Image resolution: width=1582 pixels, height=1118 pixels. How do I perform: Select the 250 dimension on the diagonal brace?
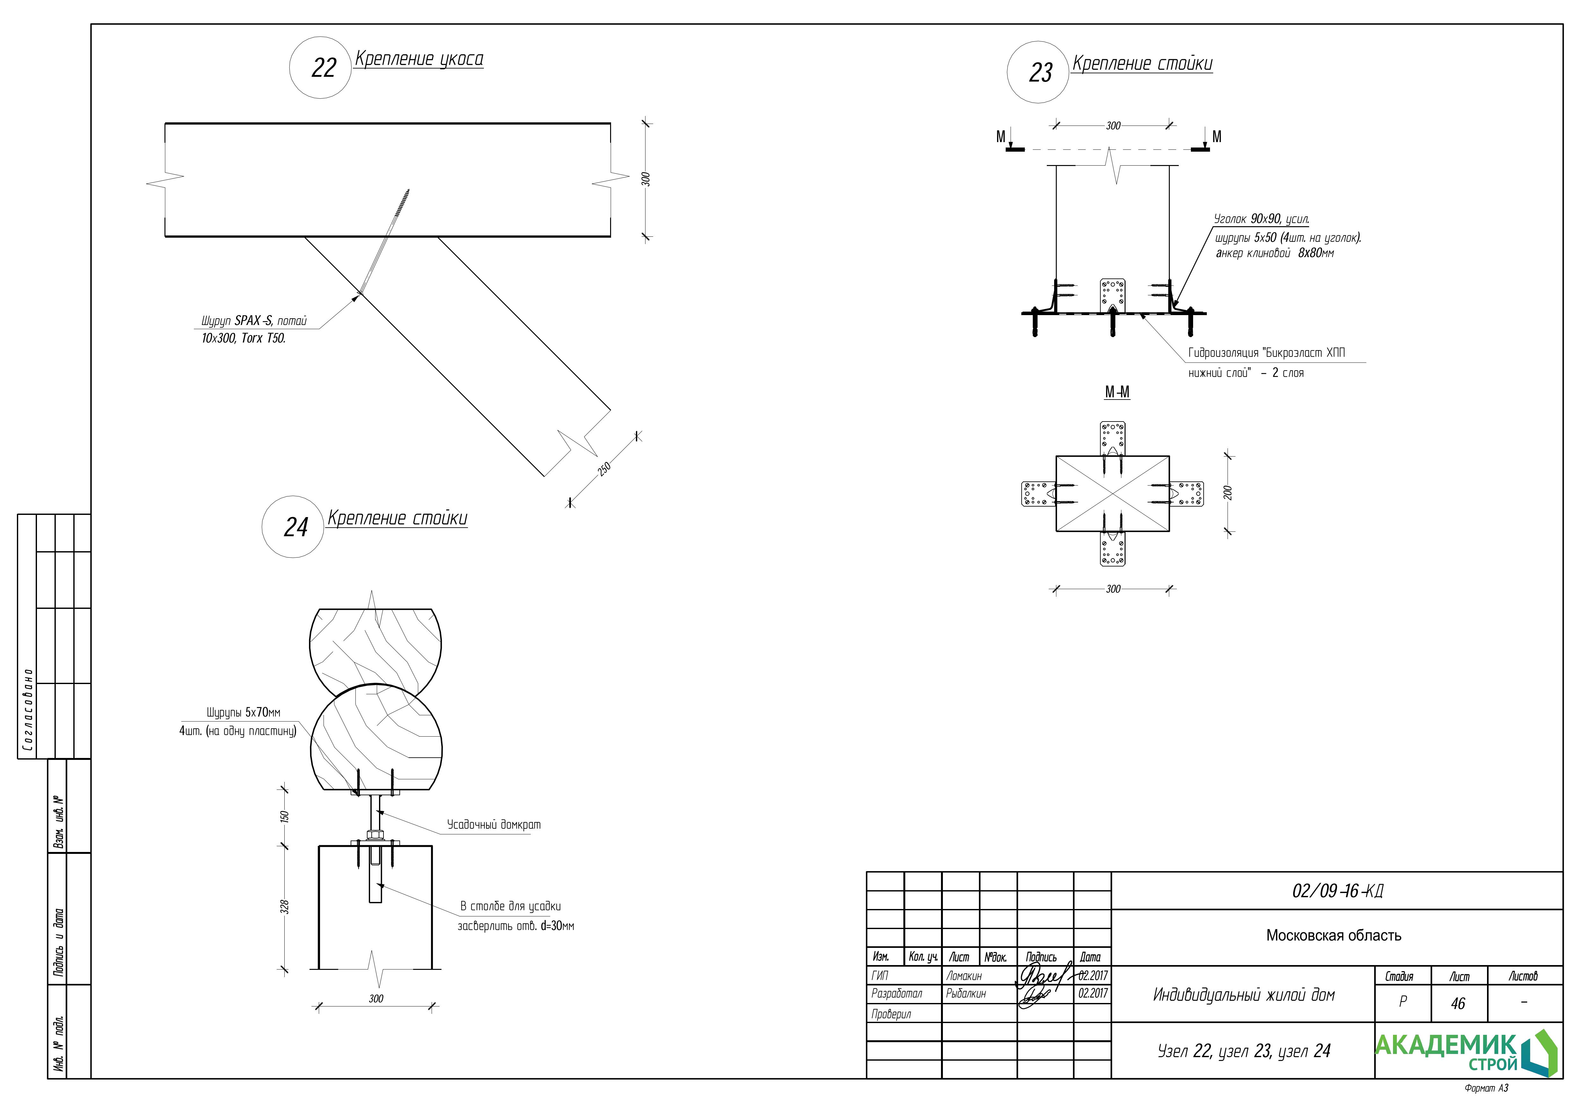click(604, 468)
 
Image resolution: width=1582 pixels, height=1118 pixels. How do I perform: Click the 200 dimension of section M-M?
click(1228, 493)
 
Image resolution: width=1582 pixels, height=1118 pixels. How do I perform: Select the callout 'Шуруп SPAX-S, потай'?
click(253, 321)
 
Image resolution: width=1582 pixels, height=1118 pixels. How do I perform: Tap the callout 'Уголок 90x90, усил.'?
click(1261, 219)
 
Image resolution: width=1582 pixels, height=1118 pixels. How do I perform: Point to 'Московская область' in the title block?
click(1333, 935)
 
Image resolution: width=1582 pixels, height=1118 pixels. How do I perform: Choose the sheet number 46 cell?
click(1458, 1004)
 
